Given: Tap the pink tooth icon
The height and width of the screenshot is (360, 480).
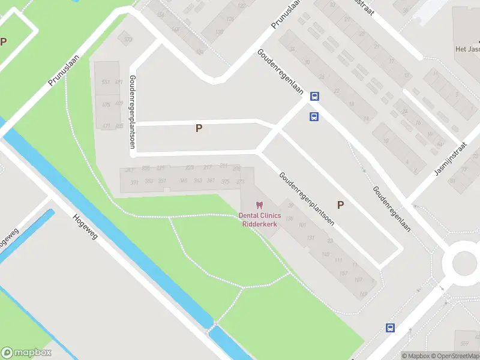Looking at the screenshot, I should (x=260, y=205).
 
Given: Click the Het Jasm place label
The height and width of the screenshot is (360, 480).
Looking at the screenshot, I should (x=467, y=49).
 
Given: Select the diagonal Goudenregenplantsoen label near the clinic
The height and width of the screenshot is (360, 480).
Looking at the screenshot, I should (x=306, y=198).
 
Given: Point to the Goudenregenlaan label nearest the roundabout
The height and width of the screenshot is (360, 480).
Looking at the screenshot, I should (x=388, y=208).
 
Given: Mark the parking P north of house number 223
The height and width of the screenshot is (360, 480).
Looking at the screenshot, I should (x=199, y=128).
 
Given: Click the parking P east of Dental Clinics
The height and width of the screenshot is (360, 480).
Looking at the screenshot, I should (x=340, y=205).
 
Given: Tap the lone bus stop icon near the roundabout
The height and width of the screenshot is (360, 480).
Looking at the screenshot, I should (x=390, y=328).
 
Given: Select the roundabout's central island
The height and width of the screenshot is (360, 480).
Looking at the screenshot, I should (x=463, y=262).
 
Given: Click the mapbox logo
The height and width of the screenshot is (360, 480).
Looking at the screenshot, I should (x=26, y=353).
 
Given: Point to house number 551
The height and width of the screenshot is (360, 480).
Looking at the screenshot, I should (x=106, y=82).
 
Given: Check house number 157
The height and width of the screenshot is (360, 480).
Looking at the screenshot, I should (x=344, y=274).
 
